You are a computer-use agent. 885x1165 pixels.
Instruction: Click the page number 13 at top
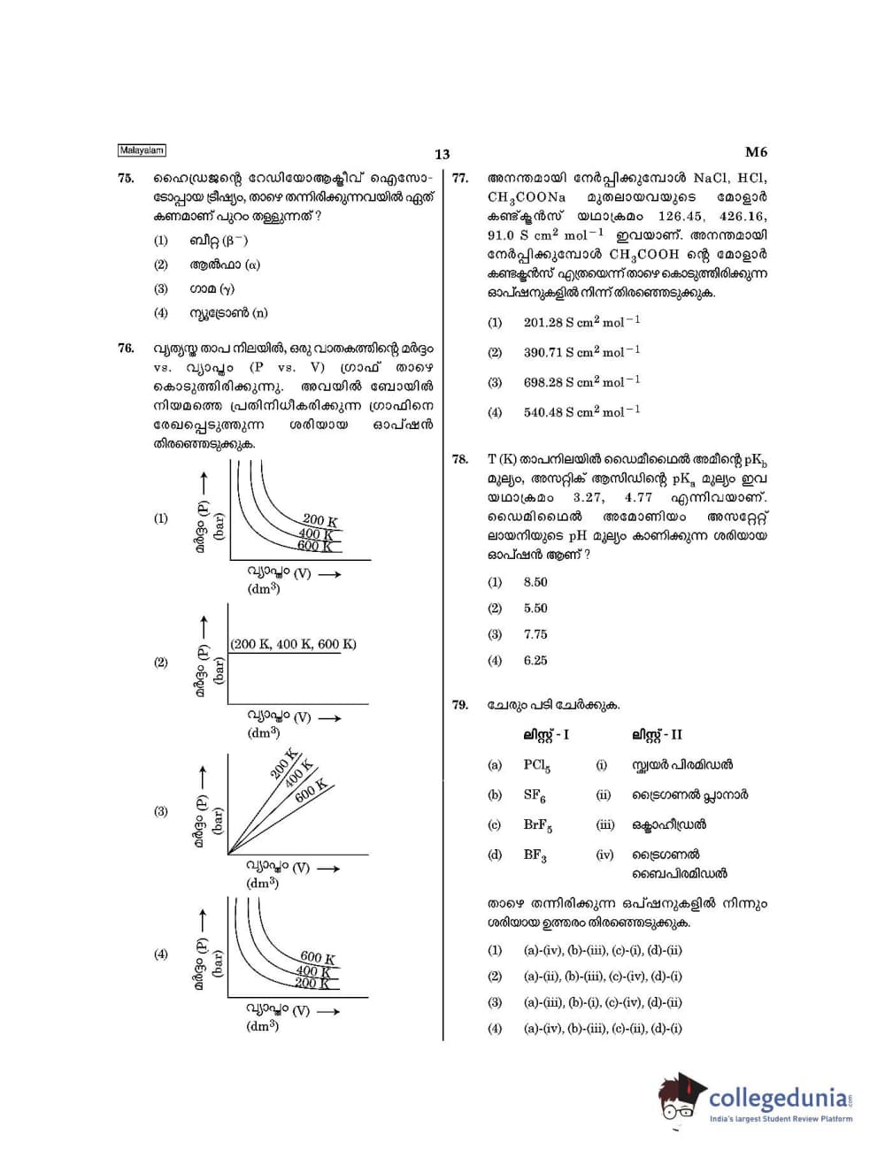click(x=442, y=155)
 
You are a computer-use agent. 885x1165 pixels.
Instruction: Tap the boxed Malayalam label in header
click(x=142, y=151)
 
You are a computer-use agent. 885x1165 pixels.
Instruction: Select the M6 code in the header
click(x=756, y=152)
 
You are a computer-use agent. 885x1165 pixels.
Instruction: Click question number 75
click(x=126, y=179)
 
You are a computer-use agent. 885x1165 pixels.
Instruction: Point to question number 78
click(x=460, y=459)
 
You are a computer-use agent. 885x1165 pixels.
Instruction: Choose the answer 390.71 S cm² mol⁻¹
click(x=581, y=352)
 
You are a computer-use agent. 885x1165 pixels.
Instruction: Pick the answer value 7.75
click(x=535, y=634)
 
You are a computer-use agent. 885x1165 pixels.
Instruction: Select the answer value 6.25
click(x=535, y=661)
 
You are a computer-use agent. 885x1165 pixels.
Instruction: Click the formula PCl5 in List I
click(x=536, y=766)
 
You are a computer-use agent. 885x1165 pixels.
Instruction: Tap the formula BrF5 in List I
click(x=537, y=825)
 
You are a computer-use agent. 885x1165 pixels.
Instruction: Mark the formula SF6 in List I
click(x=535, y=795)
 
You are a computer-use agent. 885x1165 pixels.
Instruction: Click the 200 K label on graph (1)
click(x=320, y=520)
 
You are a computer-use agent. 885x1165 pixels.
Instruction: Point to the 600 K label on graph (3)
click(x=311, y=790)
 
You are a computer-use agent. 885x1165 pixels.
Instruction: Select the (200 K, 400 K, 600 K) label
click(x=294, y=644)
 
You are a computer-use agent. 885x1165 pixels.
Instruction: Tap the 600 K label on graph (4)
click(x=318, y=957)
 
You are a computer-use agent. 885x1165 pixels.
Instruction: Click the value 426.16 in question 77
click(x=743, y=217)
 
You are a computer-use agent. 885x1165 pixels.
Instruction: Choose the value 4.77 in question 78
click(x=638, y=498)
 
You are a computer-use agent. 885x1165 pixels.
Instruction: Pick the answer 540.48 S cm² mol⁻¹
click(x=581, y=412)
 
